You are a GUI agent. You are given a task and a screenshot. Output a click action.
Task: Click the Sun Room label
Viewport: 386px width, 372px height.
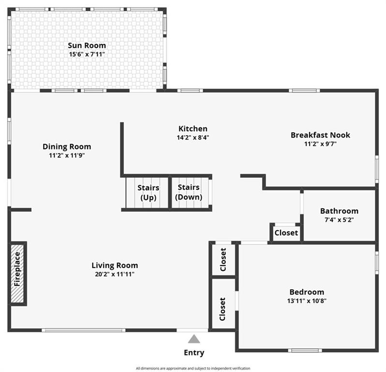pyautogui.click(x=87, y=46)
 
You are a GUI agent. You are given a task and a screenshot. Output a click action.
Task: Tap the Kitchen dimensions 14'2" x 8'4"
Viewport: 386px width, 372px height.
pyautogui.click(x=193, y=138)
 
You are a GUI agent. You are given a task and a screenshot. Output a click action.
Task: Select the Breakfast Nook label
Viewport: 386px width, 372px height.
pyautogui.click(x=320, y=135)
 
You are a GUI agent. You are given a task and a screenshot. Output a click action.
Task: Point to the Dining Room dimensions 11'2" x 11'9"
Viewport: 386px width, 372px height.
pyautogui.click(x=67, y=155)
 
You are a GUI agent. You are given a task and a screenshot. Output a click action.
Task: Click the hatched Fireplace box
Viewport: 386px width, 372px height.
pyautogui.click(x=17, y=273)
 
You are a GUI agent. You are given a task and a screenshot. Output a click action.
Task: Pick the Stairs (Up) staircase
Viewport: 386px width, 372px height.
pyautogui.click(x=147, y=192)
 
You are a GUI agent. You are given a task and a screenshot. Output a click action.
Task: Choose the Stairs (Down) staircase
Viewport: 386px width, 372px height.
pyautogui.click(x=190, y=192)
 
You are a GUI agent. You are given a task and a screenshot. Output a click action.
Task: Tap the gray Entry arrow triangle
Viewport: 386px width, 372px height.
pyautogui.click(x=194, y=339)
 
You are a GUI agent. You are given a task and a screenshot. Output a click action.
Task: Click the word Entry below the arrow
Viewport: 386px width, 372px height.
pyautogui.click(x=194, y=353)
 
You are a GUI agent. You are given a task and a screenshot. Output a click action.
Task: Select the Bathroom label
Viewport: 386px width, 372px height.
pyautogui.click(x=339, y=211)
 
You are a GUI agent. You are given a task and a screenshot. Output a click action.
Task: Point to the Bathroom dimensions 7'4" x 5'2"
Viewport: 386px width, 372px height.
pyautogui.click(x=339, y=219)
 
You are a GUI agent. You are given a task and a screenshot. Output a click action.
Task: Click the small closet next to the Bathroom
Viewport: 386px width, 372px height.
pyautogui.click(x=286, y=232)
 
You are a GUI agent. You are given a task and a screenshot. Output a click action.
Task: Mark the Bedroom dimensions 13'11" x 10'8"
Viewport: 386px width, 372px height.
pyautogui.click(x=307, y=301)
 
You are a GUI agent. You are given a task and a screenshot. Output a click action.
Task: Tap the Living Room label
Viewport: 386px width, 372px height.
pyautogui.click(x=115, y=265)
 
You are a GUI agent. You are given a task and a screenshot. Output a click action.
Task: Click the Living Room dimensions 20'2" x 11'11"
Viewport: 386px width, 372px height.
pyautogui.click(x=115, y=274)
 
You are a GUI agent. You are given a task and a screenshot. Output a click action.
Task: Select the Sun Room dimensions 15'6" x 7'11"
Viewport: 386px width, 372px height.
pyautogui.click(x=87, y=54)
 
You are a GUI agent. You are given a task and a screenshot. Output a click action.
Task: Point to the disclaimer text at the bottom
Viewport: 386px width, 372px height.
pyautogui.click(x=193, y=368)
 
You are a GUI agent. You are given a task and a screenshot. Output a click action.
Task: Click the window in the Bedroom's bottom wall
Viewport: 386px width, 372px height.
pyautogui.click(x=305, y=350)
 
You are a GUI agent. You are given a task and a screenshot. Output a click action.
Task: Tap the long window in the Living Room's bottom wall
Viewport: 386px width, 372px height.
pyautogui.click(x=84, y=330)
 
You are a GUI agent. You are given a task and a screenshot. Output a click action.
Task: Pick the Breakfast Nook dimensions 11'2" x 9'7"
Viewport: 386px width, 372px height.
pyautogui.click(x=320, y=144)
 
